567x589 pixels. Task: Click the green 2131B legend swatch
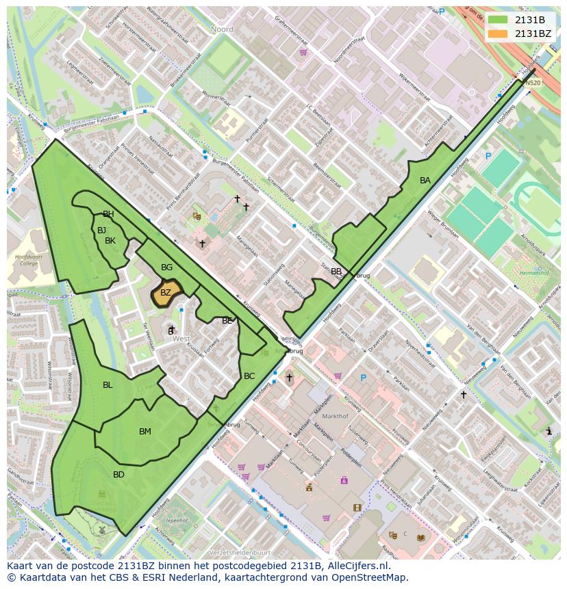(x=498, y=20)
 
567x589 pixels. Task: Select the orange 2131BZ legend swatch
(x=498, y=34)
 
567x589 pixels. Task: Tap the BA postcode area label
(x=425, y=181)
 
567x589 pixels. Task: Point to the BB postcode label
(x=336, y=272)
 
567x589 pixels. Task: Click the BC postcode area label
(x=249, y=376)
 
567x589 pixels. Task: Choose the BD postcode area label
(x=118, y=475)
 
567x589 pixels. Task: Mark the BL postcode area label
(x=108, y=385)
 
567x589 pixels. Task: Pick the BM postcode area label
(x=144, y=432)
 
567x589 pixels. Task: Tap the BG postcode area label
(x=166, y=267)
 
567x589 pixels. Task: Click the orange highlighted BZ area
(x=166, y=292)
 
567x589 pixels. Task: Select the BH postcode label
(x=108, y=214)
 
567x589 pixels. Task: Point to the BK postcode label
(x=110, y=241)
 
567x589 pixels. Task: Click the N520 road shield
(x=532, y=83)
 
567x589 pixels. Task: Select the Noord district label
(x=222, y=29)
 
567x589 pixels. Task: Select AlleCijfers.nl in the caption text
(x=360, y=566)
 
